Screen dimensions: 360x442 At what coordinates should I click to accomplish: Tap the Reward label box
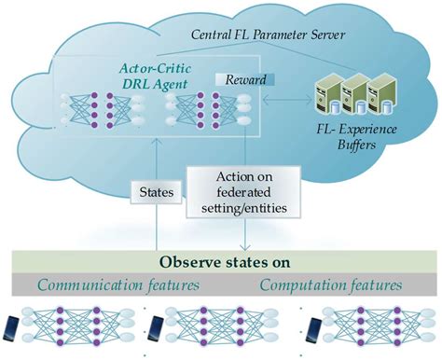click(236, 80)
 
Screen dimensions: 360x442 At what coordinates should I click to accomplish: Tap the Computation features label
click(328, 285)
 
